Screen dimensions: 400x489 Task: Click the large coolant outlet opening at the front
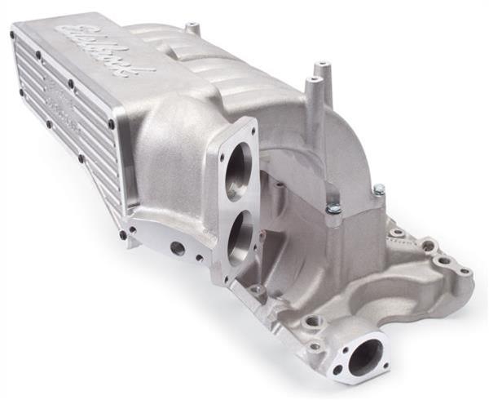pyautogui.click(x=364, y=356)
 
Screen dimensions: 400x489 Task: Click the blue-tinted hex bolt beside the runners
pyautogui.click(x=334, y=210)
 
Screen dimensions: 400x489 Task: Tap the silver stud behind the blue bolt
pyautogui.click(x=379, y=190)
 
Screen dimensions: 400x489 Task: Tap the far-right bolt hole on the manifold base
pyautogui.click(x=465, y=271)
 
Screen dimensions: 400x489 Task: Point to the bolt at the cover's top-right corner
pyautogui.click(x=111, y=123)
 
